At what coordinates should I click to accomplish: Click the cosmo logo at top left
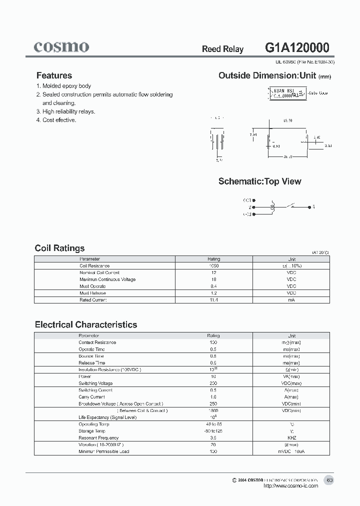pyautogui.click(x=61, y=47)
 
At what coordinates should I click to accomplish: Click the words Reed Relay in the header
pyautogui.click(x=222, y=49)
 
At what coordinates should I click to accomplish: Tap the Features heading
pyautogui.click(x=54, y=75)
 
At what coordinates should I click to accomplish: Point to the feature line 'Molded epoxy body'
pyautogui.click(x=66, y=86)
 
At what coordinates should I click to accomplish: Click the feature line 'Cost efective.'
pyautogui.click(x=59, y=120)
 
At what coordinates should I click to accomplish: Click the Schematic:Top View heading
pyautogui.click(x=259, y=181)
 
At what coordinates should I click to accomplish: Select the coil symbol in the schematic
pyautogui.click(x=272, y=206)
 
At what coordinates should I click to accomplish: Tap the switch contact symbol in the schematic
pyautogui.click(x=291, y=205)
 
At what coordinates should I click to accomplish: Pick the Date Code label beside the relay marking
pyautogui.click(x=318, y=93)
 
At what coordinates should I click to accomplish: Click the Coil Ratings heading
pyautogui.click(x=59, y=248)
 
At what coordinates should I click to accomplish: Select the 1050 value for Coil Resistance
pyautogui.click(x=213, y=266)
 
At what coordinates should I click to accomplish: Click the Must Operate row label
pyautogui.click(x=93, y=286)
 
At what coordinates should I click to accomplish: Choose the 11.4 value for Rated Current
pyautogui.click(x=213, y=299)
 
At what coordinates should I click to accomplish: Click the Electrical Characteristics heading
pyautogui.click(x=85, y=324)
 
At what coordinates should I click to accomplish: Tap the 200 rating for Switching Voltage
pyautogui.click(x=213, y=383)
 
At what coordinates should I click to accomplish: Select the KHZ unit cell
pyautogui.click(x=291, y=437)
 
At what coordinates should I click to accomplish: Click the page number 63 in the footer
pyautogui.click(x=329, y=480)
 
